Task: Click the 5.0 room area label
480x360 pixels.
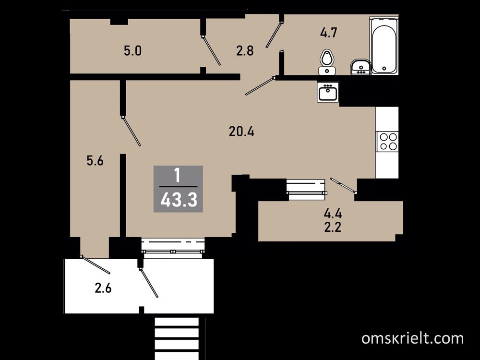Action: pos(133,51)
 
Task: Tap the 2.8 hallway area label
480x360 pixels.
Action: pos(245,51)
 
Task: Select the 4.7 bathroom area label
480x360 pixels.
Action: pos(329,33)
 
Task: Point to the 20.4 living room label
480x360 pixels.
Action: pos(241,132)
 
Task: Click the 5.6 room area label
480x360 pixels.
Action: pos(95,160)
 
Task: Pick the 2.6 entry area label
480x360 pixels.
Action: pos(103,288)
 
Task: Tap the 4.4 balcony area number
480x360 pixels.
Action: pos(333,214)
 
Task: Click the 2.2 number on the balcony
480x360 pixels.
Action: pos(333,227)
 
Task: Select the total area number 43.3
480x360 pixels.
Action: pos(179,201)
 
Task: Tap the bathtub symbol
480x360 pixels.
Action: pos(384,46)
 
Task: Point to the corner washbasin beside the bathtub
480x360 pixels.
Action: pos(361,67)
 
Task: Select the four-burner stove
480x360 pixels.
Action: pos(387,142)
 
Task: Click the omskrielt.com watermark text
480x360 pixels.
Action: pos(412,338)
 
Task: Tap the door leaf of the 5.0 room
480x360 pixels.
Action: pos(211,51)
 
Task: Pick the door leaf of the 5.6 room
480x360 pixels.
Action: pos(131,131)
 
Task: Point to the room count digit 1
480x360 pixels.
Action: pos(177,176)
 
